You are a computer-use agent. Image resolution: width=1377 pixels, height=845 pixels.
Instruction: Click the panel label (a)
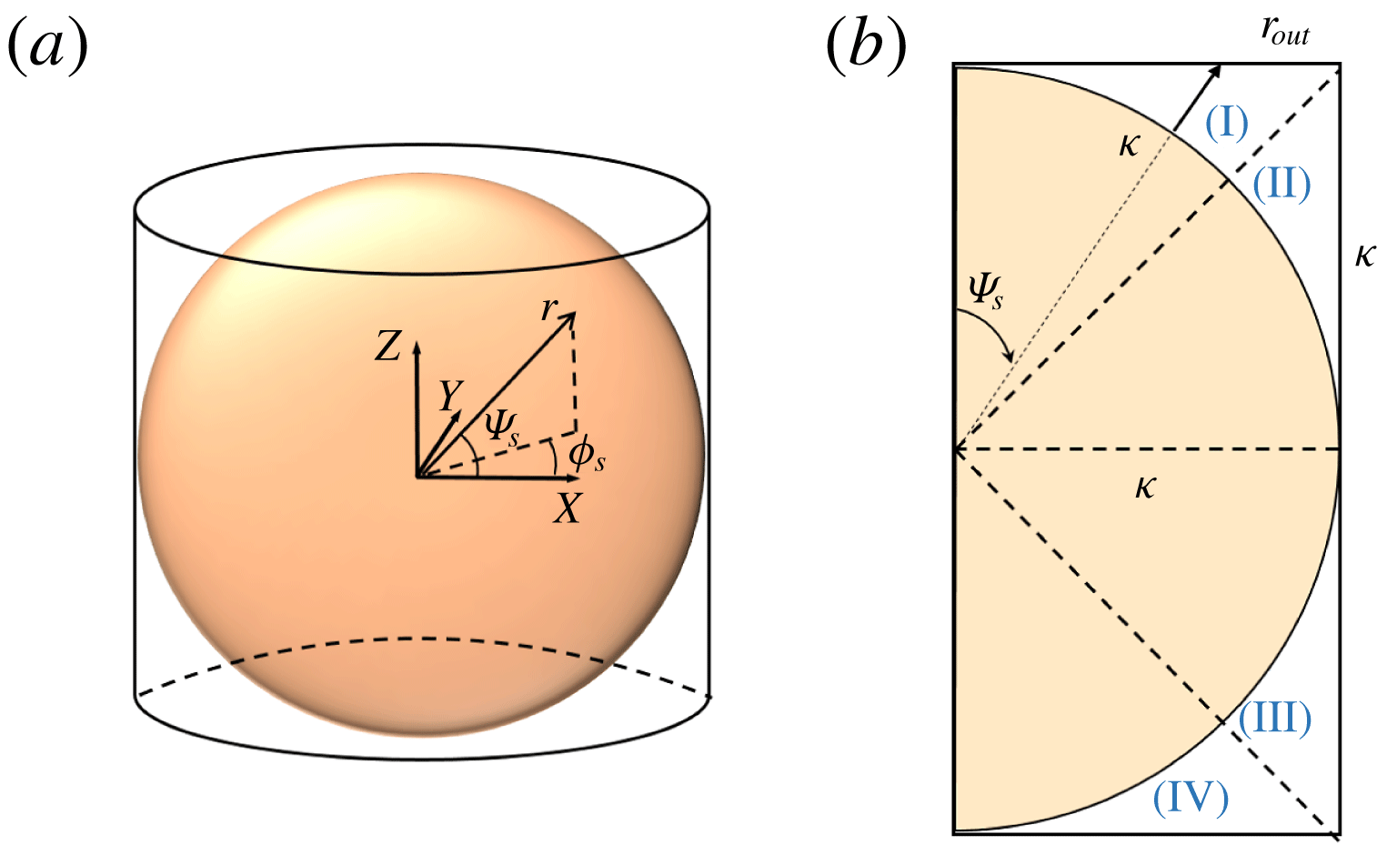[x=47, y=46]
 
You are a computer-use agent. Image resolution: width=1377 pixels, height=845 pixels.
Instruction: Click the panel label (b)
[x=866, y=46]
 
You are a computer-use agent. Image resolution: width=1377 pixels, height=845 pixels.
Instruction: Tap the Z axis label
[x=387, y=346]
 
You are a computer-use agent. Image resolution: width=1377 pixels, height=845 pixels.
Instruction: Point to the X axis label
[x=567, y=508]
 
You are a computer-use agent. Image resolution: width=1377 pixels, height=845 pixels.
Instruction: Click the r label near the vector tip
[x=548, y=308]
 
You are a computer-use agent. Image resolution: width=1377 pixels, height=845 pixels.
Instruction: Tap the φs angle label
[x=587, y=457]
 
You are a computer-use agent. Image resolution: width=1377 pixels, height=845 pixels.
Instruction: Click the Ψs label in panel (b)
[x=986, y=290]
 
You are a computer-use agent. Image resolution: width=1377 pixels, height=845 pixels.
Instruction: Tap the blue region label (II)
[x=1282, y=185]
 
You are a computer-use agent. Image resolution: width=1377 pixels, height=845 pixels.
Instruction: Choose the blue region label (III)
[x=1274, y=718]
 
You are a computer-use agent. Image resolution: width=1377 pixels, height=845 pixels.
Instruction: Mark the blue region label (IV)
[x=1191, y=798]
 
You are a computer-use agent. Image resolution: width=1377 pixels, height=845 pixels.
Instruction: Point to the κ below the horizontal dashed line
[x=1145, y=488]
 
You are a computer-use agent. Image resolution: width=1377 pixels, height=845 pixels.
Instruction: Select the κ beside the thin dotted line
[x=1130, y=146]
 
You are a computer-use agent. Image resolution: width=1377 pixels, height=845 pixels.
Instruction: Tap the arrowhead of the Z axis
[x=417, y=347]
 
